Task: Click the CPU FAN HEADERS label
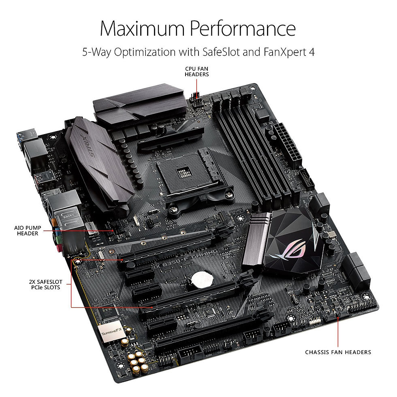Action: (x=197, y=72)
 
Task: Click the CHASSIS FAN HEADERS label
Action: (x=338, y=352)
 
